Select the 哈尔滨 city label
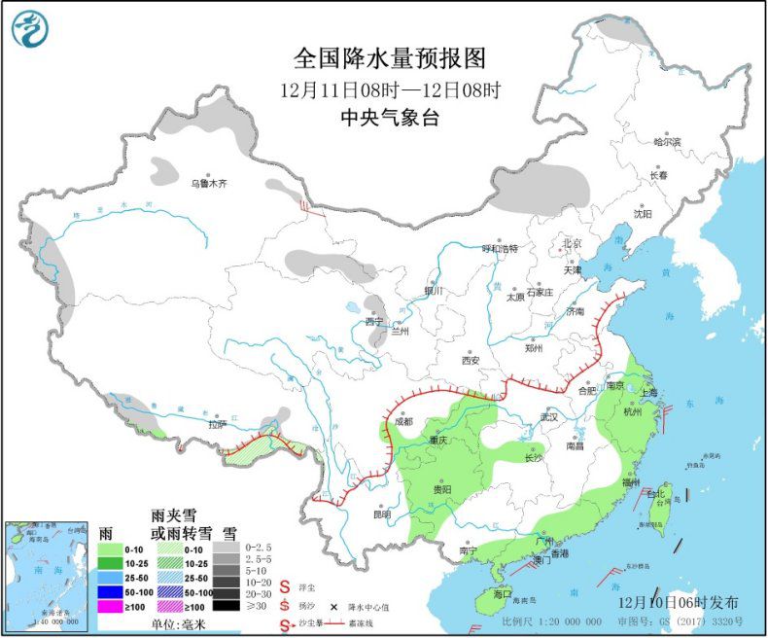(667, 143)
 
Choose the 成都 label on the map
(401, 422)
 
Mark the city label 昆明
(380, 514)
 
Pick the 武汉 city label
(550, 417)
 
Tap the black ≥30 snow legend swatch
(227, 604)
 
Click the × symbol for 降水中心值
(333, 605)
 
